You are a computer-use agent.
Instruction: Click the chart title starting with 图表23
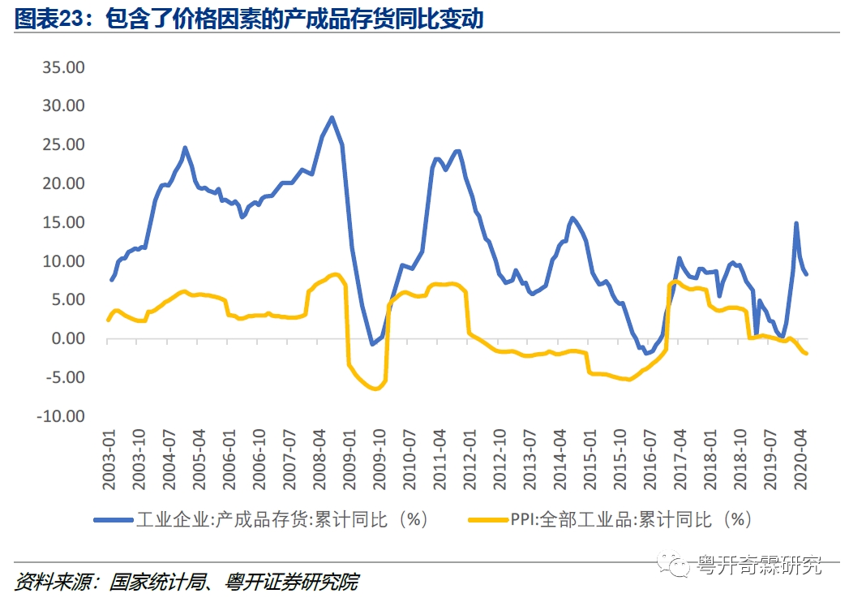(x=249, y=19)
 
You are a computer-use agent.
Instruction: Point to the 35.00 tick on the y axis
(x=63, y=67)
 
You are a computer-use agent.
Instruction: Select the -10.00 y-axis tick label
(x=62, y=416)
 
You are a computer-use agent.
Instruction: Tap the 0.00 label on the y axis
(x=70, y=338)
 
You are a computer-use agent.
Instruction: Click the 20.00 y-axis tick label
(x=63, y=183)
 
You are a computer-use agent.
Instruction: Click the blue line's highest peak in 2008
(x=332, y=118)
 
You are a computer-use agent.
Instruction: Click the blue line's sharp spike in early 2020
(x=796, y=223)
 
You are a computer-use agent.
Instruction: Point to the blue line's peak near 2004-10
(x=185, y=148)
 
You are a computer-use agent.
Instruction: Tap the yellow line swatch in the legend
(x=489, y=519)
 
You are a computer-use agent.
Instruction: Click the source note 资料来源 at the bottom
(x=187, y=582)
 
